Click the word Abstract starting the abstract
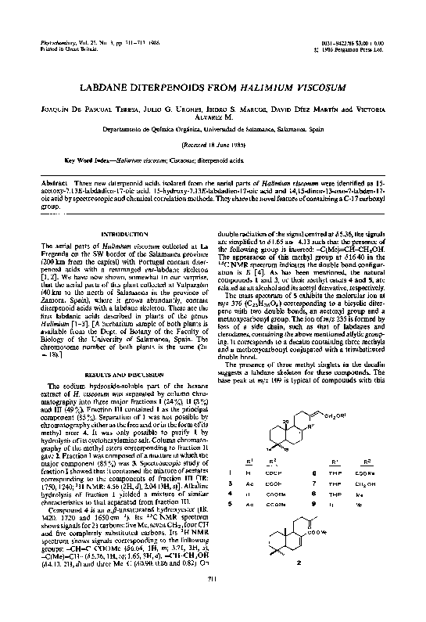pyautogui.click(x=56, y=182)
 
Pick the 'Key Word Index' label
pyautogui.click(x=87, y=159)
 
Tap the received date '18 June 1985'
pyautogui.click(x=213, y=145)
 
